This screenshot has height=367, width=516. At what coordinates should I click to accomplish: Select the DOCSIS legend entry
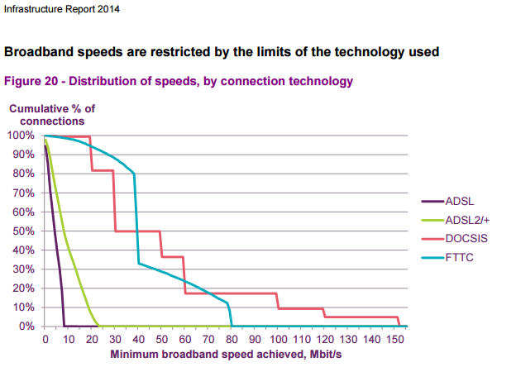[465, 238]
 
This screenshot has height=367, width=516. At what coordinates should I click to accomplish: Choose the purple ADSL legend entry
[460, 200]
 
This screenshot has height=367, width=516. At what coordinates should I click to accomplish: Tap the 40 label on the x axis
[138, 339]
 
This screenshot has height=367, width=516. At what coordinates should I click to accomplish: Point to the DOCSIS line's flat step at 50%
[136, 231]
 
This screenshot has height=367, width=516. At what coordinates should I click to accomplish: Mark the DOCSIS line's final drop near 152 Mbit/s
[399, 322]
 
